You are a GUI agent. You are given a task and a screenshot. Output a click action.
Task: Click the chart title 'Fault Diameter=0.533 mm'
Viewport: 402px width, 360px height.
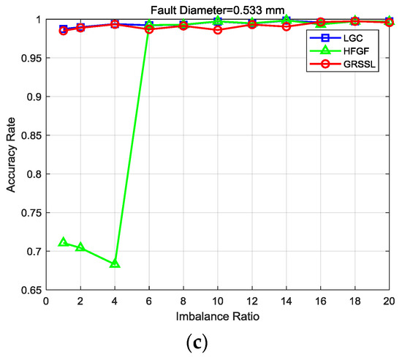point(218,10)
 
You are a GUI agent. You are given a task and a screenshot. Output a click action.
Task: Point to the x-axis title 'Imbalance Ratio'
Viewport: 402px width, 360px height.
point(218,319)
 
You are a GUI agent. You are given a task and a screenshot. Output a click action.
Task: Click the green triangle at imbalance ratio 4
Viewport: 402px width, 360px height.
point(115,263)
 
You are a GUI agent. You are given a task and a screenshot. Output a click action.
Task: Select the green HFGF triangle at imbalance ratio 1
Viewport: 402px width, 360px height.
point(64,241)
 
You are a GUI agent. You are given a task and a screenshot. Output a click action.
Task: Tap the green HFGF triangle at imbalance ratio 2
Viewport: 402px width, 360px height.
point(80,247)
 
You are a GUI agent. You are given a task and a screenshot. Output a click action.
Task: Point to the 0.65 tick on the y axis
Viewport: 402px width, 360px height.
point(31,290)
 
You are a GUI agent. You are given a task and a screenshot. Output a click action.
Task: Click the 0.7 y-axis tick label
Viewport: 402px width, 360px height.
point(34,251)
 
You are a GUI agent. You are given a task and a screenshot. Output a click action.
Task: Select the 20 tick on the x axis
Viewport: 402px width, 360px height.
point(388,301)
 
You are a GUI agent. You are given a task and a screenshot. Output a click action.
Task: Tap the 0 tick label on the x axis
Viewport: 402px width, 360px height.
point(46,301)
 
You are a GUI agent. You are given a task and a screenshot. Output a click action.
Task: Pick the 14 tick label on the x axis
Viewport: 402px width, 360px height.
point(286,301)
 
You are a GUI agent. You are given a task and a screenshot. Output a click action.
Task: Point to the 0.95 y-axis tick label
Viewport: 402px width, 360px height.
point(31,58)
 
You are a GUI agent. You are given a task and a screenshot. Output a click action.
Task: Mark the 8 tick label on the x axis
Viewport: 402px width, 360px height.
point(183,301)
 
